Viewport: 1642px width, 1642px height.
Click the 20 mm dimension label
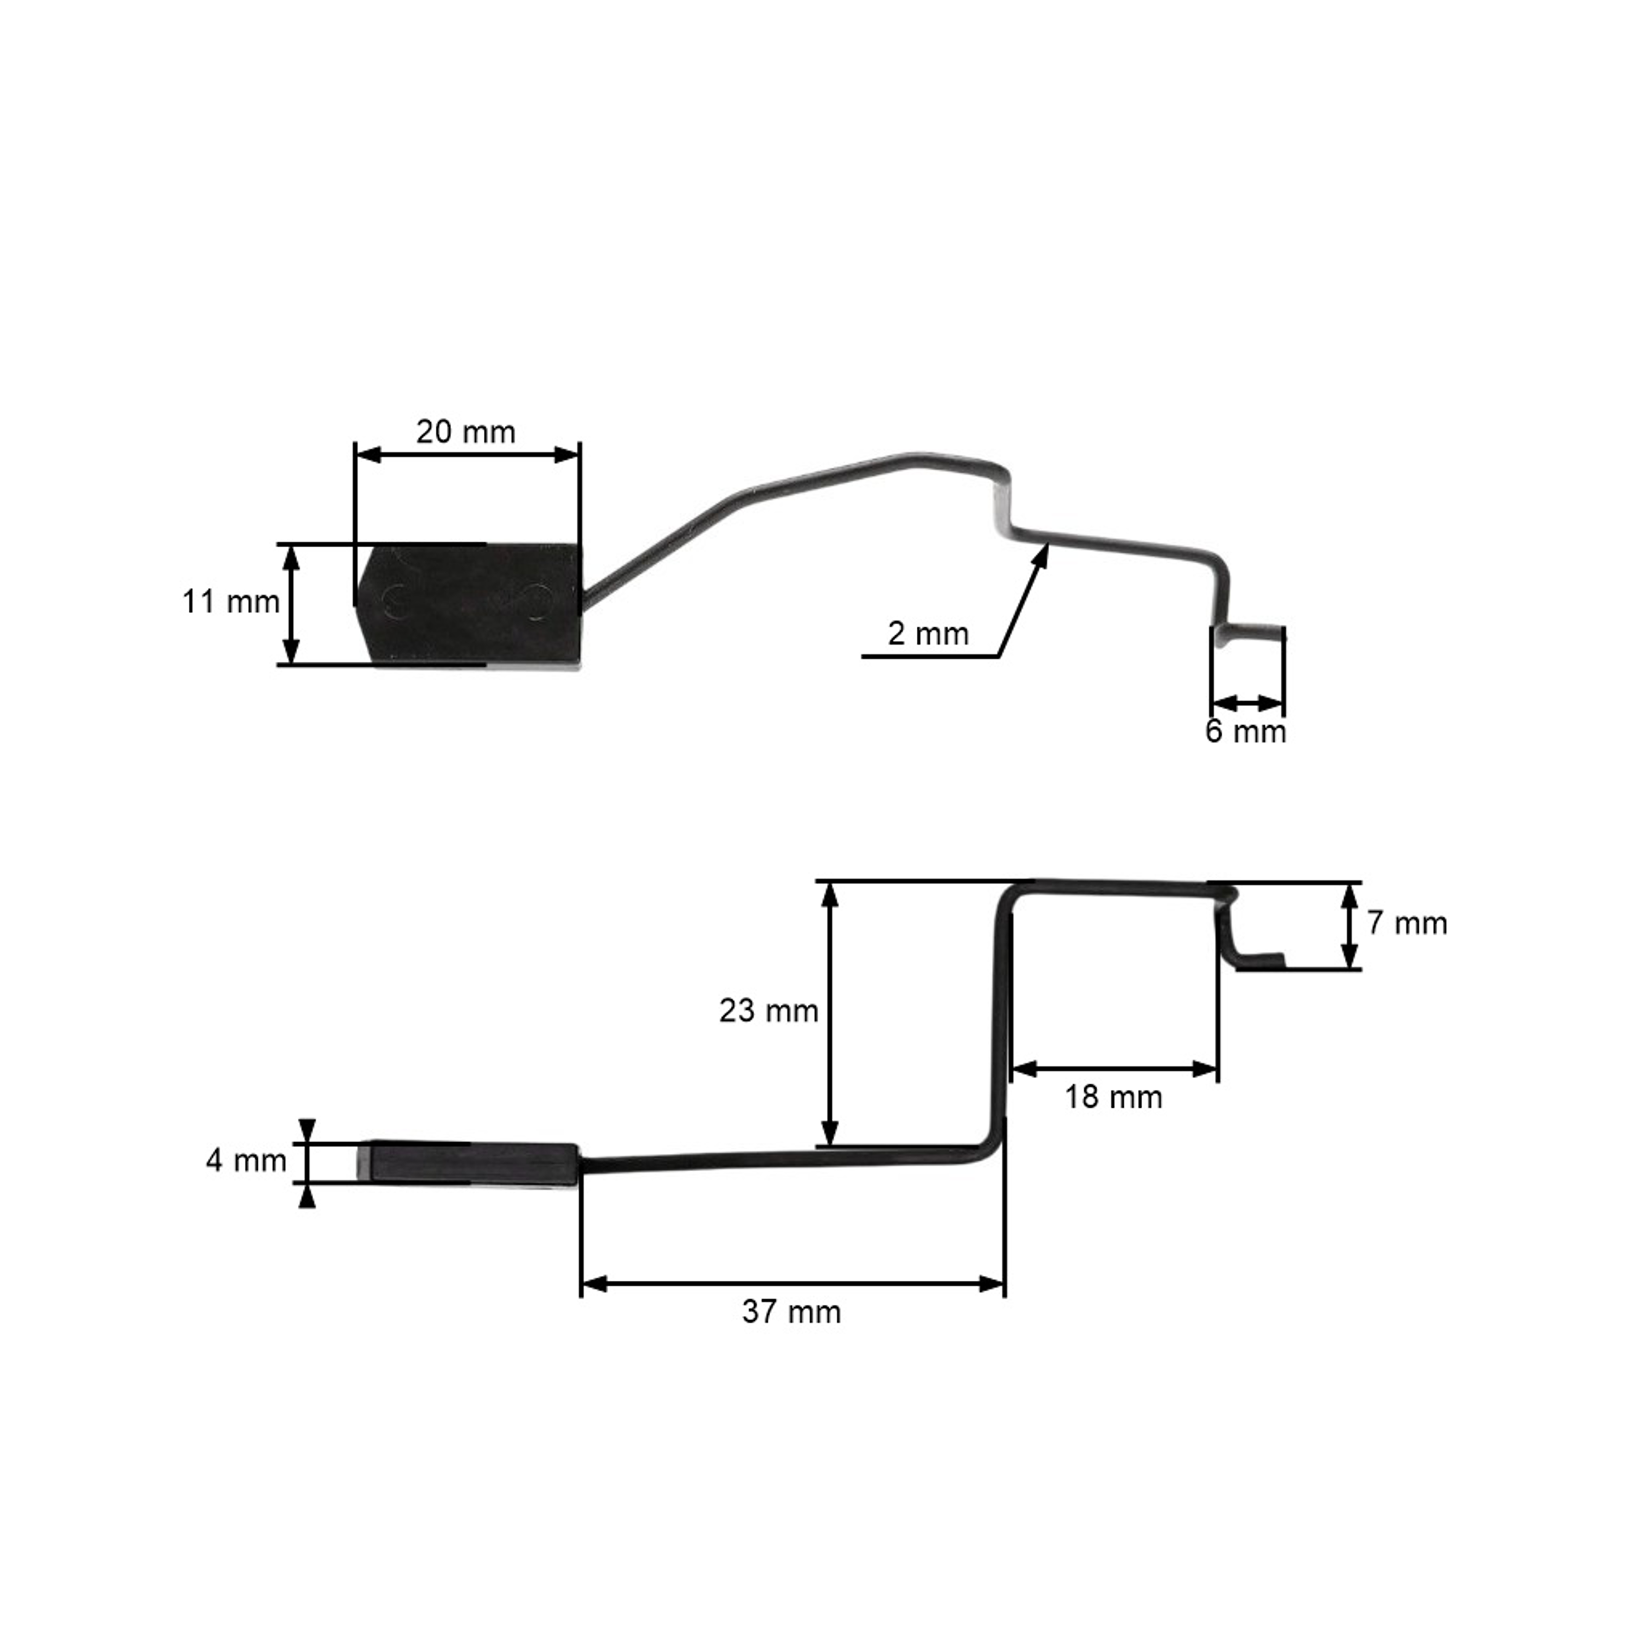pos(466,432)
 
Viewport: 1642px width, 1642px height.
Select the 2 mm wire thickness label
pos(928,634)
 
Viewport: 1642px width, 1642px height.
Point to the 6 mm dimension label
pos(1246,732)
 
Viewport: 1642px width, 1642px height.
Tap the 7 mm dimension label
pos(1407,924)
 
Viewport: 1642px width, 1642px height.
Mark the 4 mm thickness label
pos(246,1160)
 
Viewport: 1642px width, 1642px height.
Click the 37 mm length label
pos(791,1311)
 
